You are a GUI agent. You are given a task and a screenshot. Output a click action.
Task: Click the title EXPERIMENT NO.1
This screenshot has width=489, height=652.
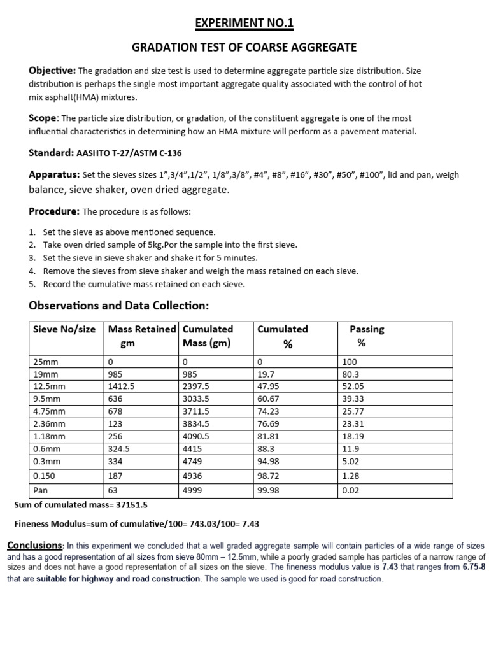[x=244, y=24]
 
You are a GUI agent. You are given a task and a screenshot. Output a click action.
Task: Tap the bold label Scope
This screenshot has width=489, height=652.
[x=43, y=118]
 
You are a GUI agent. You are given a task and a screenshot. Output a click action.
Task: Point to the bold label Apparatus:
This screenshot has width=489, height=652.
[x=54, y=174]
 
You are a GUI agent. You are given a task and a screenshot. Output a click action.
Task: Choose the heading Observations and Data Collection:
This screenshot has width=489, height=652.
[x=119, y=306]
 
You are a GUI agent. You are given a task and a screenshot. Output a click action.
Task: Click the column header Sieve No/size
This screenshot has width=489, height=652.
[x=64, y=329]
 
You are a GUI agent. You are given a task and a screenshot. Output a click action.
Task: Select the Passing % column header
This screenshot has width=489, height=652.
[x=366, y=336]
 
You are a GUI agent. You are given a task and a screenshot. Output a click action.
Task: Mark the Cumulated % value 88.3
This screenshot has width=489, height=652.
[x=266, y=448]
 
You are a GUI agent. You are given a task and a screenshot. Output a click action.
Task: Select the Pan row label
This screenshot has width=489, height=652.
[x=39, y=490]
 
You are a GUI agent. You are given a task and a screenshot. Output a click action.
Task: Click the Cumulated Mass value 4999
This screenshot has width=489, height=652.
[x=194, y=490]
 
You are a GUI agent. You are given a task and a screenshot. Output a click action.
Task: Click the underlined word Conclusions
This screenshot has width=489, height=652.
[x=34, y=546]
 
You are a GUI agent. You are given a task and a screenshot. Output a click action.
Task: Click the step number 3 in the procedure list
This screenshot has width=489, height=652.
[x=32, y=258]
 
